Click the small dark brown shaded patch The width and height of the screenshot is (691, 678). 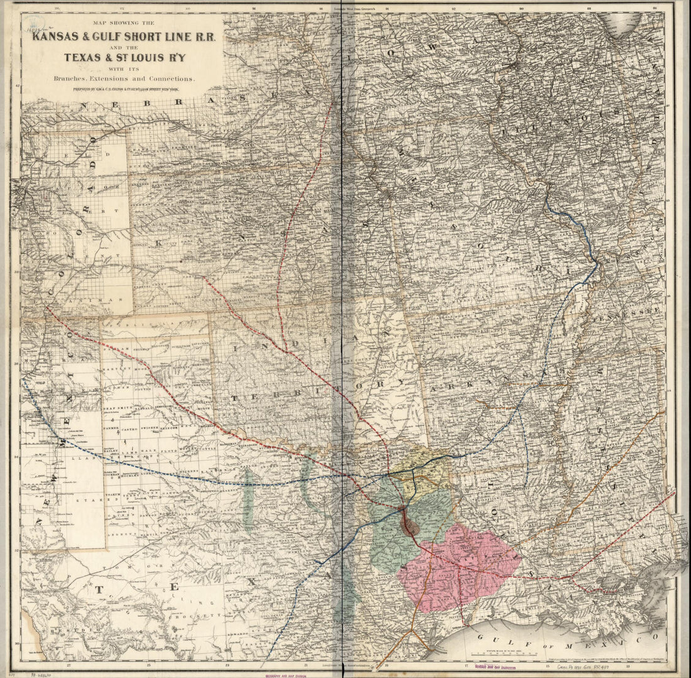[410, 523]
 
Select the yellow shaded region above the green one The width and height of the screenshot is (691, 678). [421, 468]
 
